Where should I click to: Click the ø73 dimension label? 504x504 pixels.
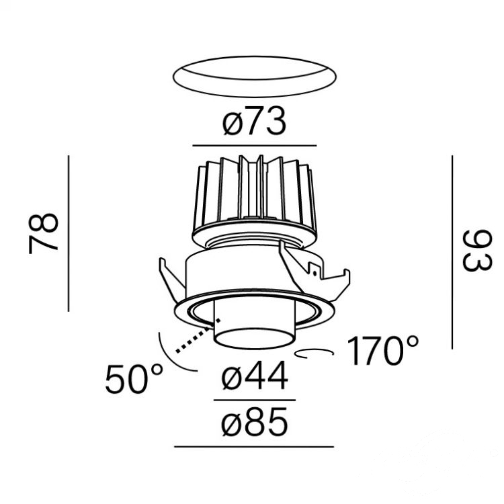pyautogui.click(x=254, y=121)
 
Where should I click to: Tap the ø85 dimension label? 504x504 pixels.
pyautogui.click(x=254, y=422)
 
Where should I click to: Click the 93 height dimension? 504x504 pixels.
pyautogui.click(x=477, y=250)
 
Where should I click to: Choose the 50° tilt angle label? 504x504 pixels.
pyautogui.click(x=134, y=379)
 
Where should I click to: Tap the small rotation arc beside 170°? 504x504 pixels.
pyautogui.click(x=314, y=353)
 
